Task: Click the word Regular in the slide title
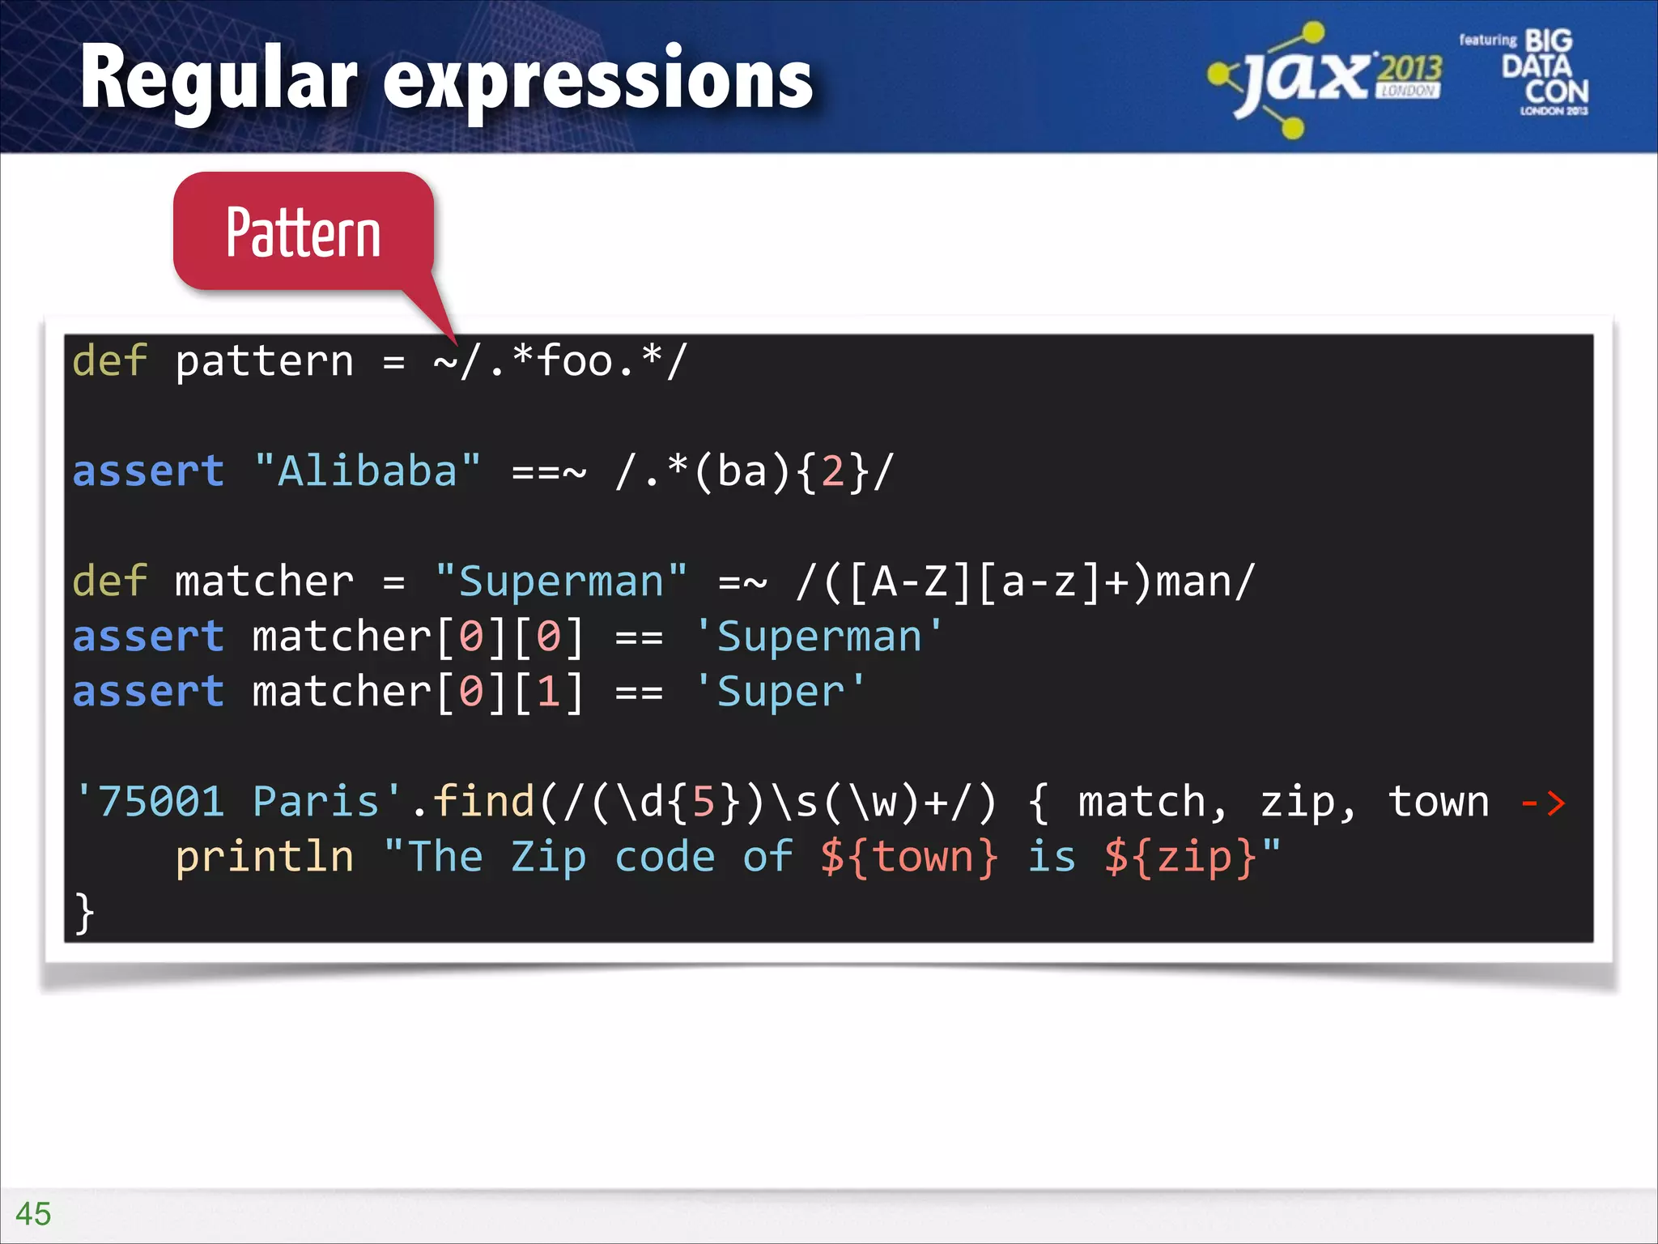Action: [219, 79]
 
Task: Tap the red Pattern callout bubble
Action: [304, 232]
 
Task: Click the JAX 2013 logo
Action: [1324, 79]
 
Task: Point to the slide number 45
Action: [33, 1213]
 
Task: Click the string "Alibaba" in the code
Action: [367, 471]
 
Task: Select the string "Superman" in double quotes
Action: [560, 582]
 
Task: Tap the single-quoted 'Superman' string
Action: [818, 637]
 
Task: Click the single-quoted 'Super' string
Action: [780, 692]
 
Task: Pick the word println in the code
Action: [265, 857]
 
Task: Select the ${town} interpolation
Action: [908, 857]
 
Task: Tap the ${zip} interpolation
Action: [1180, 857]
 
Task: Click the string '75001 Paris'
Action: [238, 802]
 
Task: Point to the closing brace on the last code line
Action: [83, 913]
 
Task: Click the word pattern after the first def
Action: [265, 361]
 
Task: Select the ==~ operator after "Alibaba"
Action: [549, 471]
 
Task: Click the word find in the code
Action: [483, 802]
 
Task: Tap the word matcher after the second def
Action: [265, 582]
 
